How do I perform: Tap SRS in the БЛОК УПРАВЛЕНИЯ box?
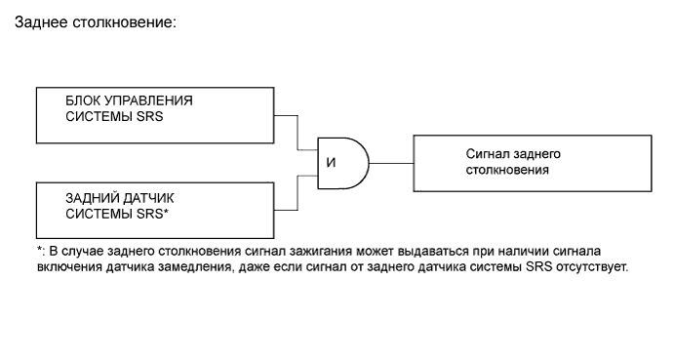click(150, 117)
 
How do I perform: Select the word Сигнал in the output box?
click(487, 154)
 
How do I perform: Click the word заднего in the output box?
click(537, 154)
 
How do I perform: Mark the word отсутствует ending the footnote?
click(593, 265)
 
